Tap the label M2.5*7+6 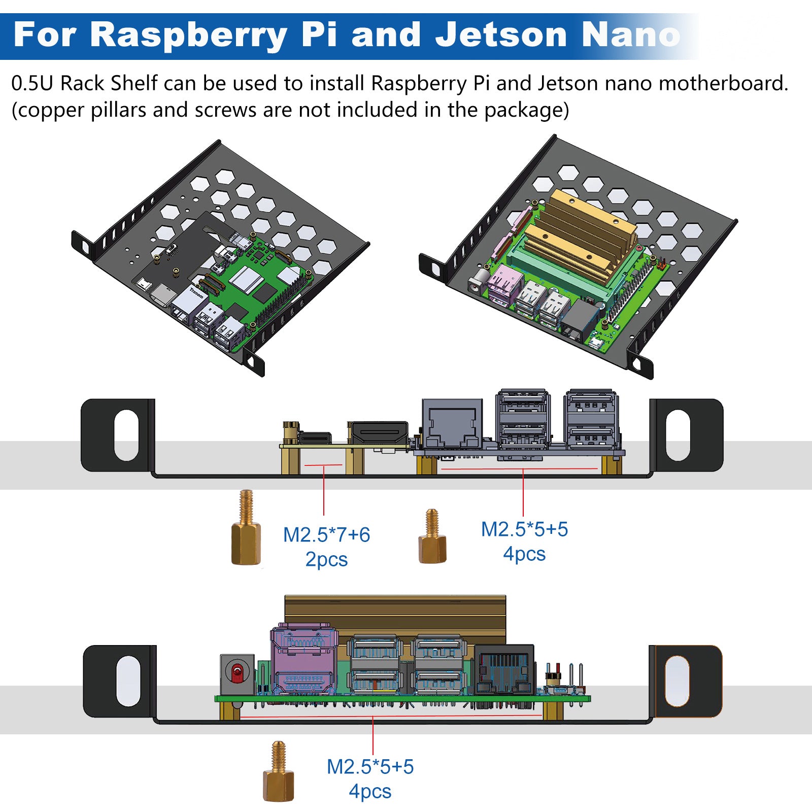click(x=326, y=535)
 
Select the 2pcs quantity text click(x=326, y=559)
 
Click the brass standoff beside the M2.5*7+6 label click(x=246, y=530)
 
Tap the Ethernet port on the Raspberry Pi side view click(x=452, y=424)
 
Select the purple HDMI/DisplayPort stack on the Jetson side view click(x=303, y=660)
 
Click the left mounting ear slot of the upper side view click(x=126, y=435)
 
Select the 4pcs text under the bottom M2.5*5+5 click(x=370, y=791)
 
